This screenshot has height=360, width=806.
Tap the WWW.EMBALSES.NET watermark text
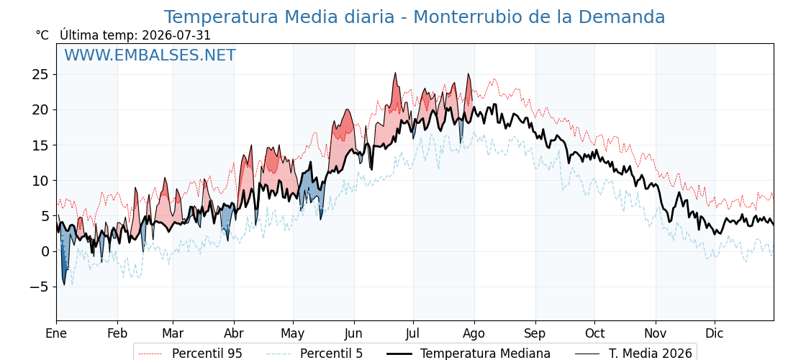(150, 55)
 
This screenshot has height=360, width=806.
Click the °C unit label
(42, 35)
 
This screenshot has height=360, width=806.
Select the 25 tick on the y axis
(40, 75)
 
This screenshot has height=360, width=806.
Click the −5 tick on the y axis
(37, 287)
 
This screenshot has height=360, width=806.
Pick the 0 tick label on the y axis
(45, 251)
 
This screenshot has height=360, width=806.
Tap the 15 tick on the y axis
(40, 145)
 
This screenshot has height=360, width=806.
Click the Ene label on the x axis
(57, 333)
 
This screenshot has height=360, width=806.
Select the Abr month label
(235, 333)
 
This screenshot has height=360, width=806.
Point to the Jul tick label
(413, 333)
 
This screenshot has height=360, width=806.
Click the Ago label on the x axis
(474, 333)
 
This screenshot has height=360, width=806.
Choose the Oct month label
(594, 333)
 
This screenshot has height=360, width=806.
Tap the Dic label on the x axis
(715, 333)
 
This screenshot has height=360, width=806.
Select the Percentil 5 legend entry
(315, 354)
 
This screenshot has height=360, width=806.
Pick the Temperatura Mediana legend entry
(468, 354)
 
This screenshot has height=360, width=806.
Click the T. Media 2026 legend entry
(634, 354)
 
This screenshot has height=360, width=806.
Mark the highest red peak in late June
(395, 73)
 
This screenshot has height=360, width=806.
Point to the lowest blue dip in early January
(64, 284)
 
